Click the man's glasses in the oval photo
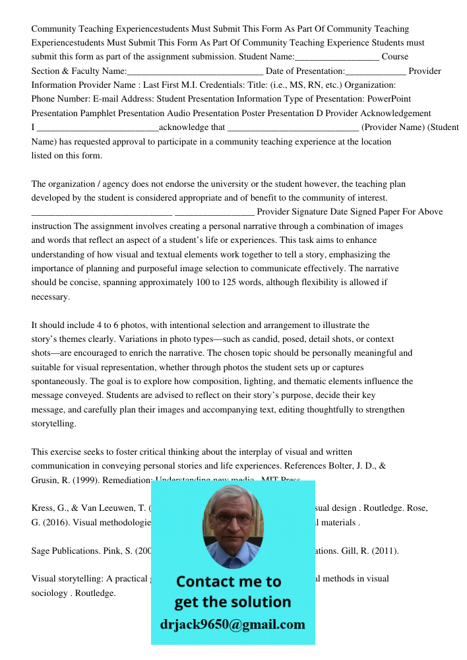[233, 519]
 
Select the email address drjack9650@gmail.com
[233, 624]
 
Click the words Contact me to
[229, 581]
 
